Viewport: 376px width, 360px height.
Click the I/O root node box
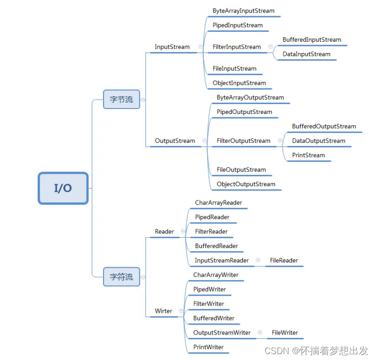pyautogui.click(x=63, y=188)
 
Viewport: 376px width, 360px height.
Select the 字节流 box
pyautogui.click(x=121, y=99)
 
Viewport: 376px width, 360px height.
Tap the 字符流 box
pyautogui.click(x=121, y=277)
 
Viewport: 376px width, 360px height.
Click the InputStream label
pyautogui.click(x=172, y=47)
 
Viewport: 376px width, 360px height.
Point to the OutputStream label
pyautogui.click(x=175, y=141)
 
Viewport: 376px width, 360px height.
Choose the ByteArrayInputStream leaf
pyautogui.click(x=243, y=11)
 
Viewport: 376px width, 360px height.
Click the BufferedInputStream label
pyautogui.click(x=312, y=40)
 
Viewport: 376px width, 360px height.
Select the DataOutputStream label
pyautogui.click(x=319, y=141)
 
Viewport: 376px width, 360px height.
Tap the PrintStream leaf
pyautogui.click(x=308, y=155)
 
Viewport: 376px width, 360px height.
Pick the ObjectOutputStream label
pyautogui.click(x=246, y=184)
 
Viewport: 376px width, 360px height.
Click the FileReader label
pyautogui.click(x=284, y=260)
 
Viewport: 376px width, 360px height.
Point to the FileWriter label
pyautogui.click(x=285, y=332)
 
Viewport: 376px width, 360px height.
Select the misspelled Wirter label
pyautogui.click(x=163, y=311)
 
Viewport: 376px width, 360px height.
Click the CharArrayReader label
pyautogui.click(x=218, y=202)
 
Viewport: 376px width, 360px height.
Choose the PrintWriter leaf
pyautogui.click(x=208, y=347)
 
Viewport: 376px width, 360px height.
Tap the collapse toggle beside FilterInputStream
pyautogui.click(x=270, y=47)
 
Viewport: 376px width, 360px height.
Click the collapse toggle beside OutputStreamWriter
pyautogui.click(x=260, y=332)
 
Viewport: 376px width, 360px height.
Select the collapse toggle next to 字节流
pyautogui.click(x=143, y=99)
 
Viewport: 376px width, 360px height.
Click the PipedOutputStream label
pyautogui.click(x=244, y=112)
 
